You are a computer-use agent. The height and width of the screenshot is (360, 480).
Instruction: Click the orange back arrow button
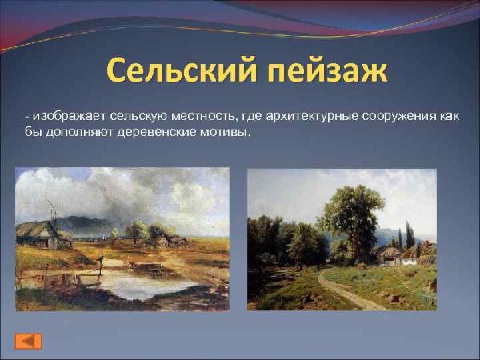28,341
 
